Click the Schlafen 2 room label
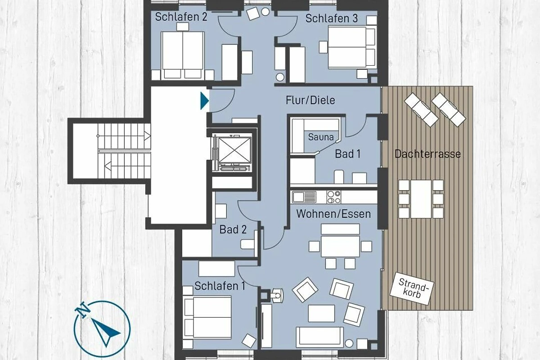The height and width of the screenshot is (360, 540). point(181,17)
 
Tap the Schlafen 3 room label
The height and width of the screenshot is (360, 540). point(332,18)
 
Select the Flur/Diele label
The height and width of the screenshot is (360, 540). point(310,100)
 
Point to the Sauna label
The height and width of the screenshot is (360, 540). point(321,137)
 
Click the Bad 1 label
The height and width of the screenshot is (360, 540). point(347,154)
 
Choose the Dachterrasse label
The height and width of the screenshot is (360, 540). point(427,154)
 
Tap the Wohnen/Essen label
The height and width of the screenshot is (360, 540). point(333,214)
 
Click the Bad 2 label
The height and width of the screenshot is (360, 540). point(233,229)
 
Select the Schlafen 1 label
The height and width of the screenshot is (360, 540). point(220,286)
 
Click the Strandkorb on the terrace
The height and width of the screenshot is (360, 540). point(412,288)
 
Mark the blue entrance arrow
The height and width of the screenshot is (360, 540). point(204,101)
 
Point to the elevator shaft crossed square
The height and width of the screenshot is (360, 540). point(234,150)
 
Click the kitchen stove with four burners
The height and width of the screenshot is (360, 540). point(334,197)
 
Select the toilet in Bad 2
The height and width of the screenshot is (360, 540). point(247,244)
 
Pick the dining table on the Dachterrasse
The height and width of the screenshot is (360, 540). point(421,199)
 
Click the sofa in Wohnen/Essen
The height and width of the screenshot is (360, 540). point(319,336)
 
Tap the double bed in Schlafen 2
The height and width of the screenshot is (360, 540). point(183,55)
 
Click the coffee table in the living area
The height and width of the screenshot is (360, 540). point(321,313)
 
